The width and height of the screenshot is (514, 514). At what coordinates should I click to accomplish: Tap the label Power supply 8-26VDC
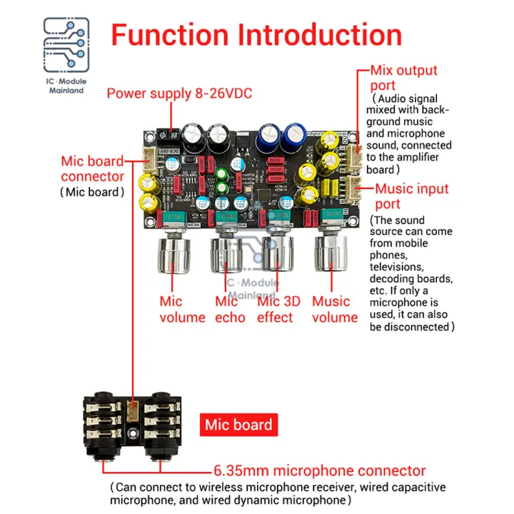[179, 94]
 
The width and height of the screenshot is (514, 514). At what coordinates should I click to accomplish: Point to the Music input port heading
[412, 198]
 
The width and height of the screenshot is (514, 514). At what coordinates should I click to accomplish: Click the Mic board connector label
[92, 168]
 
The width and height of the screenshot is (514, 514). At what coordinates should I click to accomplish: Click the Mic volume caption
[182, 309]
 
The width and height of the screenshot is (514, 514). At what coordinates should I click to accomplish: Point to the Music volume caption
[335, 309]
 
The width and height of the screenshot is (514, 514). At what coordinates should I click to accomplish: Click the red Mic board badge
[238, 425]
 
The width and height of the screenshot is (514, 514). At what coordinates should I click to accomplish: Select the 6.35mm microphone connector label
[320, 471]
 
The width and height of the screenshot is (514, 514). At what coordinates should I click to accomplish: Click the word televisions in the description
[400, 266]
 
